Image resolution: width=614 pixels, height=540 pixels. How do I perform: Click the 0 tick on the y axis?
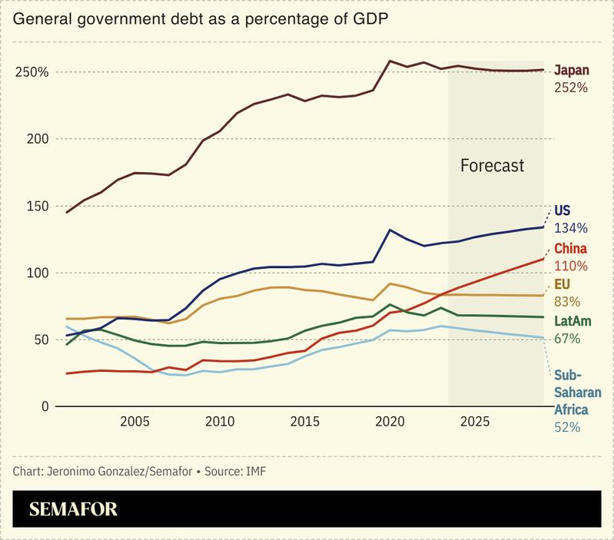point(45,406)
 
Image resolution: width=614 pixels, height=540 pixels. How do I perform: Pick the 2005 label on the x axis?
point(134,422)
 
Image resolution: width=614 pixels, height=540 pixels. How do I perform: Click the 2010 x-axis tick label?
point(220,422)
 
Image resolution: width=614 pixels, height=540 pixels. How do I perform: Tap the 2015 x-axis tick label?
point(305,422)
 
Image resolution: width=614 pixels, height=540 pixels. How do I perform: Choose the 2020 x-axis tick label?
point(390,422)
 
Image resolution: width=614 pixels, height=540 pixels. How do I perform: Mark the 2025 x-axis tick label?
point(476,422)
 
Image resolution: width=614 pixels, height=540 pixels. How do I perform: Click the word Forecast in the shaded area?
point(492,165)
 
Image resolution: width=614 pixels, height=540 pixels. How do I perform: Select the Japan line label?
point(571,70)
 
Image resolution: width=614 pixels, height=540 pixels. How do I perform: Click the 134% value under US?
point(571,228)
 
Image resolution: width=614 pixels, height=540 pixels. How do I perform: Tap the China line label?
point(570,248)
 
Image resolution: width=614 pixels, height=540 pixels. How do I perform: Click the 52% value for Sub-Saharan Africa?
point(567,428)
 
